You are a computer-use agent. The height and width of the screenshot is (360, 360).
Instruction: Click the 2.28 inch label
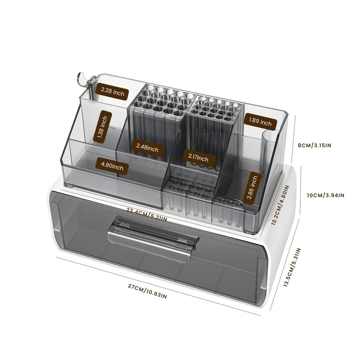[112, 91]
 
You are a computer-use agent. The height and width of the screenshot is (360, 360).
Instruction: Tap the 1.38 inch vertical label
[103, 127]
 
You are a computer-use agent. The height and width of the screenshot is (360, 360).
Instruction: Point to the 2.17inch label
[198, 158]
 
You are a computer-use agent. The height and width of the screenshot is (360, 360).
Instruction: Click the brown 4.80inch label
[112, 166]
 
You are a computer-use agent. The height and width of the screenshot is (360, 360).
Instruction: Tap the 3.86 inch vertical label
[252, 188]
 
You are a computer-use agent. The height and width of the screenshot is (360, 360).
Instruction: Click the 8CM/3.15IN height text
[315, 145]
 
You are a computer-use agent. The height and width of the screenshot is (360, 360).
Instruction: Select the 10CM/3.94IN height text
[325, 195]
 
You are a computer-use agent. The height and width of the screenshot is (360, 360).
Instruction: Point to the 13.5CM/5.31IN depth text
[292, 267]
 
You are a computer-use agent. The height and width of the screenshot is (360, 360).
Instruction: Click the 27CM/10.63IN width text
[147, 291]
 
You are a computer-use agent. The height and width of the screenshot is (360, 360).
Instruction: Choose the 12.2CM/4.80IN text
[280, 205]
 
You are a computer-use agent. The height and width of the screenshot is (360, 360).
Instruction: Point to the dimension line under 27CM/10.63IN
[158, 286]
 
